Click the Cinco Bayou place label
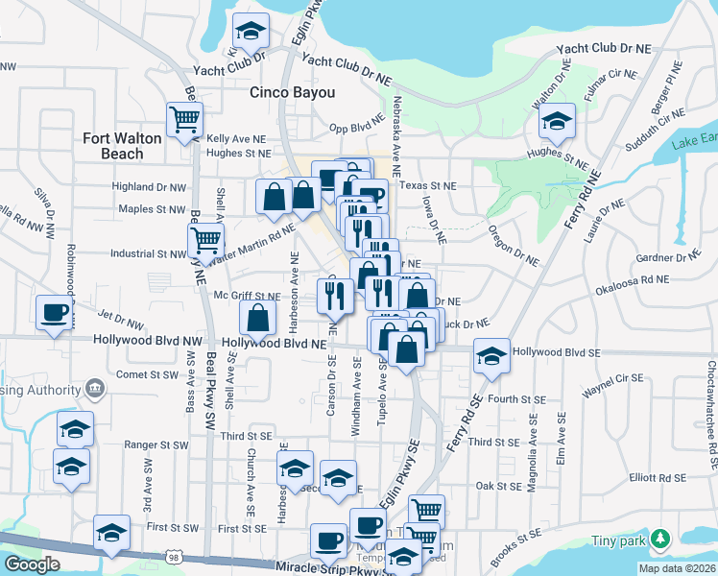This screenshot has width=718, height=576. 293,93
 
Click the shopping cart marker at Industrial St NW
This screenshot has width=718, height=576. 205,240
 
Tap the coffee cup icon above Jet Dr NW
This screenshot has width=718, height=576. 53,312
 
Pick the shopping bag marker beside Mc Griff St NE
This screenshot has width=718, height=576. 258,317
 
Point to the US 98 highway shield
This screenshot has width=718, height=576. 173,557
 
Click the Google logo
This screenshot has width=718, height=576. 31,564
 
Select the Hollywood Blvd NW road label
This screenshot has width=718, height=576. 148,341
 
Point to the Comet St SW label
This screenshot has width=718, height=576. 147,374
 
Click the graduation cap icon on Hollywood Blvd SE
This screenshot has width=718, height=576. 491,356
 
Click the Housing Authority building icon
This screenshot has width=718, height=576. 94,389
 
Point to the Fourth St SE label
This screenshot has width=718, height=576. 516,398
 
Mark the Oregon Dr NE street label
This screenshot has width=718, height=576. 514,247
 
